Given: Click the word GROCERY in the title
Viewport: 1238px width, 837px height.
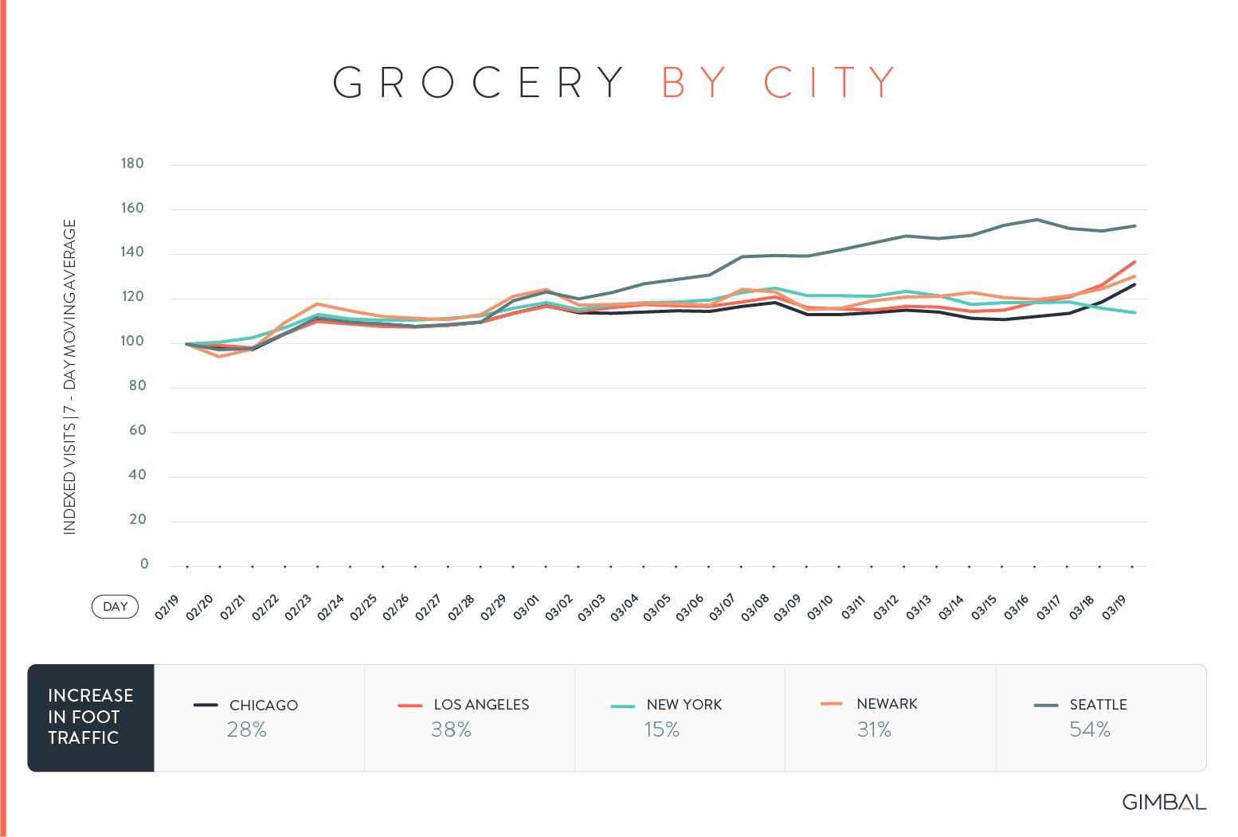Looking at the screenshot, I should point(478,82).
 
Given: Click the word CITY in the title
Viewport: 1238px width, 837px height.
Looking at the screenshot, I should point(829,82).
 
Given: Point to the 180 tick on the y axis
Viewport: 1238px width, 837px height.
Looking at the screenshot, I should point(132,164).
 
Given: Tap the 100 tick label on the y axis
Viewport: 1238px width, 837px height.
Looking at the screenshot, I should point(132,342).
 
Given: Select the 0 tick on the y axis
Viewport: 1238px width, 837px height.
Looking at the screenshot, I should point(144,564).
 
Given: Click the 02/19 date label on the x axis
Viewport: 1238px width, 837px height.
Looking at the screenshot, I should point(167,607).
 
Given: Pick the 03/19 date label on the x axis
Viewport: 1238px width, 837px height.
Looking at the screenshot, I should point(1114,607).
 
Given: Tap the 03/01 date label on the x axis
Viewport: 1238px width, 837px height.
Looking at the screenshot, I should point(527,607).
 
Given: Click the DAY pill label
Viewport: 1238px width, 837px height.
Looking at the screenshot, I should point(115,607).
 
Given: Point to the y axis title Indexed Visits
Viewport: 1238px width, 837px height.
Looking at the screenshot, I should point(70,377).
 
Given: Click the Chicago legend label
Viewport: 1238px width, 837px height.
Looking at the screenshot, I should point(264,706).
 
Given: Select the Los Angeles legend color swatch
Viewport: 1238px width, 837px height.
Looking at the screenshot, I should point(409,706).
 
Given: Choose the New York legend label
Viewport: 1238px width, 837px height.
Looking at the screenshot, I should point(684,705).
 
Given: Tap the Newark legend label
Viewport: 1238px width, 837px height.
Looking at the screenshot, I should point(887,704).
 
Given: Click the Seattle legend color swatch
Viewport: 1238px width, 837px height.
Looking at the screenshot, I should point(1045,706).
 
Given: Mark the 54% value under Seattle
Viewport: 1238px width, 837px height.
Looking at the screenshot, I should point(1089,729).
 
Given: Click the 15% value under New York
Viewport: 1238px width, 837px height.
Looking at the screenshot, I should point(661,729).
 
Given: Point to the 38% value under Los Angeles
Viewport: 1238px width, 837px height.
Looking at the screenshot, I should point(451,729).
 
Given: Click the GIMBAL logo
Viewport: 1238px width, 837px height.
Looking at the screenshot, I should point(1164,802).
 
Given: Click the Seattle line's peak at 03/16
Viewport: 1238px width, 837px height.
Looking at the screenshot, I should point(1036,220).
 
